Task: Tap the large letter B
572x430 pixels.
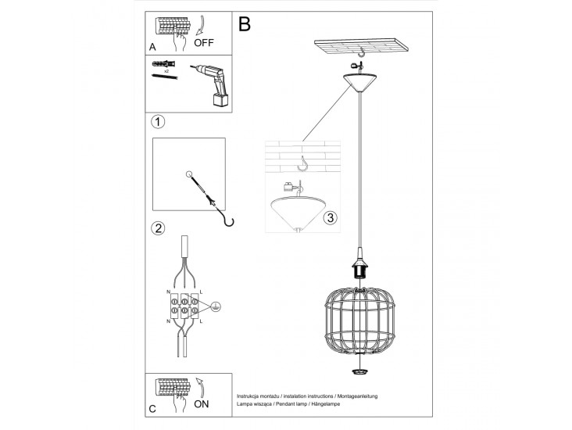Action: click(x=245, y=24)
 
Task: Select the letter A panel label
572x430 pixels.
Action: click(x=153, y=45)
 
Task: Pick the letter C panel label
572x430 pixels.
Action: click(x=153, y=408)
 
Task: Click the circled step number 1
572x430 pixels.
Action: click(x=158, y=122)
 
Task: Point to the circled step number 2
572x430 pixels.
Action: click(x=158, y=229)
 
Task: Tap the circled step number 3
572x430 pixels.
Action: click(x=331, y=217)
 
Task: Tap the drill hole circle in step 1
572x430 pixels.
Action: click(x=188, y=174)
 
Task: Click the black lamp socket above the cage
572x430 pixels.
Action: click(x=361, y=268)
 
